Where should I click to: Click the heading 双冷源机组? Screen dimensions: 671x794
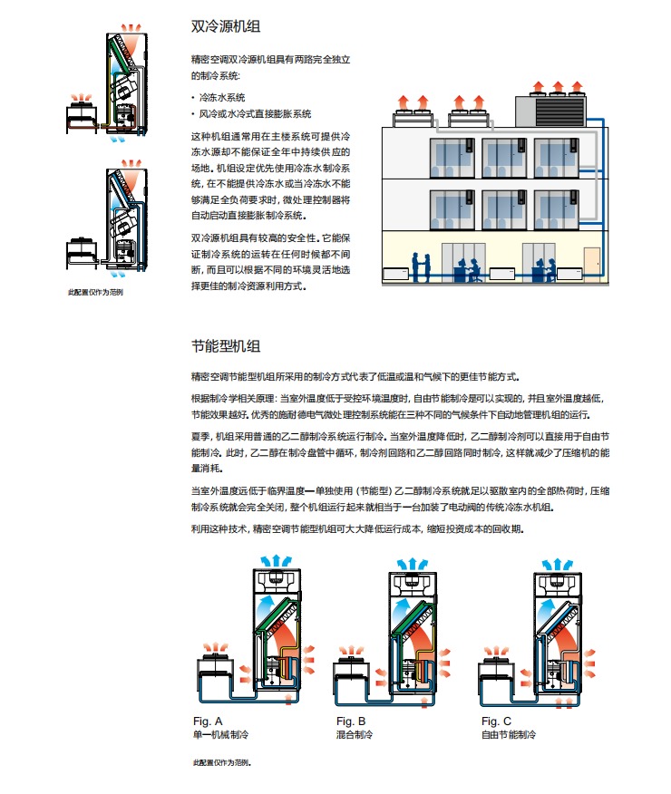pyautogui.click(x=226, y=26)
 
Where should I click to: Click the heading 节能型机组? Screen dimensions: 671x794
pyautogui.click(x=226, y=346)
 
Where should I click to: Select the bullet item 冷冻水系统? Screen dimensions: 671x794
pyautogui.click(x=222, y=97)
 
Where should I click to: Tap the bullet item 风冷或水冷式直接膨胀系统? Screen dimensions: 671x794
pyautogui.click(x=255, y=114)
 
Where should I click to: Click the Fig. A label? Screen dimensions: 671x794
pyautogui.click(x=208, y=721)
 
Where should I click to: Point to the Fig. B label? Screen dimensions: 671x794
pyautogui.click(x=351, y=721)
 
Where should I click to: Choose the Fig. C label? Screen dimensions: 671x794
pyautogui.click(x=496, y=721)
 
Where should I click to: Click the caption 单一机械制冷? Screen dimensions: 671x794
pyautogui.click(x=220, y=734)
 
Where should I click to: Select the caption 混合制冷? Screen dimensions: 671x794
pyautogui.click(x=355, y=734)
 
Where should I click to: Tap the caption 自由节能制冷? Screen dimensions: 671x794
pyautogui.click(x=509, y=734)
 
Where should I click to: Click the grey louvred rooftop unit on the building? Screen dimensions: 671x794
pyautogui.click(x=550, y=111)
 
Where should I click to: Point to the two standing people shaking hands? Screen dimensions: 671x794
pyautogui.click(x=421, y=266)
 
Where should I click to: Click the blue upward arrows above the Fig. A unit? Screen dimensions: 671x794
pyautogui.click(x=276, y=561)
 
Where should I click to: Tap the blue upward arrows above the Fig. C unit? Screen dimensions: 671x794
pyautogui.click(x=557, y=565)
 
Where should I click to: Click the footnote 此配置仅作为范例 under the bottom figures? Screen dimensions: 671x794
pyautogui.click(x=222, y=762)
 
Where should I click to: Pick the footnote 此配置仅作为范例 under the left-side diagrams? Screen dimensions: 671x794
pyautogui.click(x=96, y=292)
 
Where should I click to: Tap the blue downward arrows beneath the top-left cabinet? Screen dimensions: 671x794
pyautogui.click(x=117, y=139)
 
